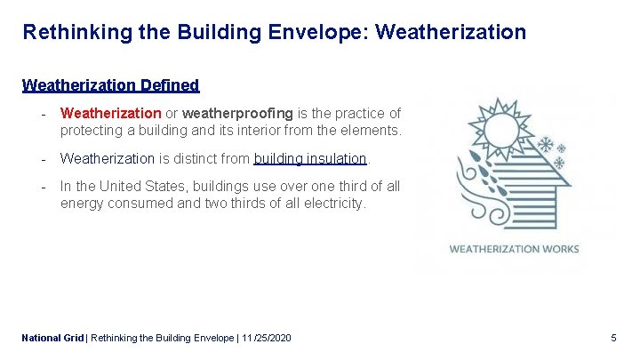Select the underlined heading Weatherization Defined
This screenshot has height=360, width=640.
110,85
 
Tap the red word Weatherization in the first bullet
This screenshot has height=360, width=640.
110,114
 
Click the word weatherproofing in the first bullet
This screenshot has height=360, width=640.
237,114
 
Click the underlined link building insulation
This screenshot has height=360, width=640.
310,158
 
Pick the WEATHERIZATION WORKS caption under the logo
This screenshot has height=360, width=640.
514,249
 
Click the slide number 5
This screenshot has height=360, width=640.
613,338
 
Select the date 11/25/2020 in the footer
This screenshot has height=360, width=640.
265,338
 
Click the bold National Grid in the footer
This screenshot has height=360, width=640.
52,338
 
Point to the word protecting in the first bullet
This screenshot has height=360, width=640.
92,131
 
